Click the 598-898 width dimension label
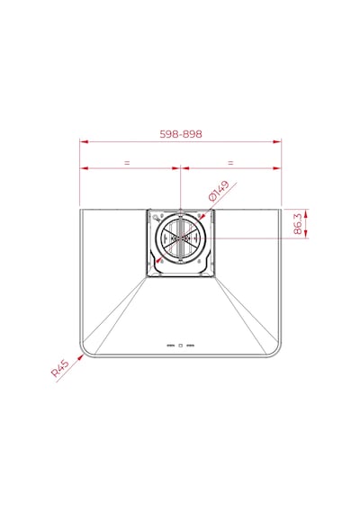click(181, 134)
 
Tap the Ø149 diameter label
click(219, 191)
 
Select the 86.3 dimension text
click(298, 224)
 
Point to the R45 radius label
click(60, 368)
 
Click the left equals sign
click(127, 162)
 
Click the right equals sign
click(230, 162)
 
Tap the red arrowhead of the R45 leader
click(80, 357)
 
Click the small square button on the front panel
click(180, 346)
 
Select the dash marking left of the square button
click(170, 346)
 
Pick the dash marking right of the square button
click(191, 346)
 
